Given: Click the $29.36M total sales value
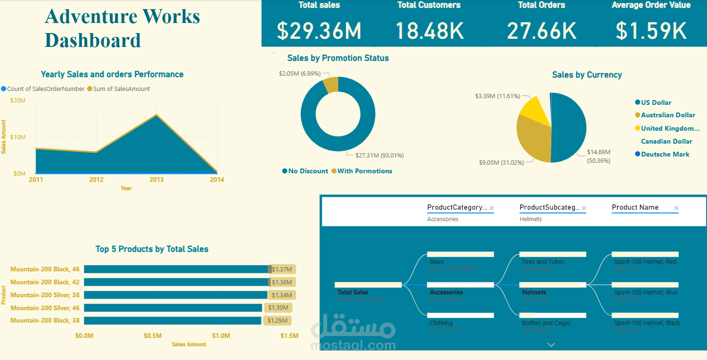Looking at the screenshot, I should click(319, 31).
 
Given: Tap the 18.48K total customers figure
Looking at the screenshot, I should click(429, 31).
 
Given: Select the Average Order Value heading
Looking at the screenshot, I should click(651, 5).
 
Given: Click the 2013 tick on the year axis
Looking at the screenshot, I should click(157, 180).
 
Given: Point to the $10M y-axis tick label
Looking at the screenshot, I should click(18, 137).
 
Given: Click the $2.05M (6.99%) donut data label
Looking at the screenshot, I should click(300, 74).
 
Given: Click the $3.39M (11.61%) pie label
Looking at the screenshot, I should click(497, 96).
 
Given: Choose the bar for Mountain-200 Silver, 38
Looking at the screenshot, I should click(175, 295).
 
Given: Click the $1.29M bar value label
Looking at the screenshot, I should click(277, 321).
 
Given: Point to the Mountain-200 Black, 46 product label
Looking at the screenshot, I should click(45, 269).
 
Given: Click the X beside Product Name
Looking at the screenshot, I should click(676, 208).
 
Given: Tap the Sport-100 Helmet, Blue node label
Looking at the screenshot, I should click(646, 292).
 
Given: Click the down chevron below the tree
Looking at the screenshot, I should click(551, 345).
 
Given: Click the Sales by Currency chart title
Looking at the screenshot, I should click(587, 75).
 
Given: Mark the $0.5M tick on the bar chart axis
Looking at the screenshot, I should click(153, 336).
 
